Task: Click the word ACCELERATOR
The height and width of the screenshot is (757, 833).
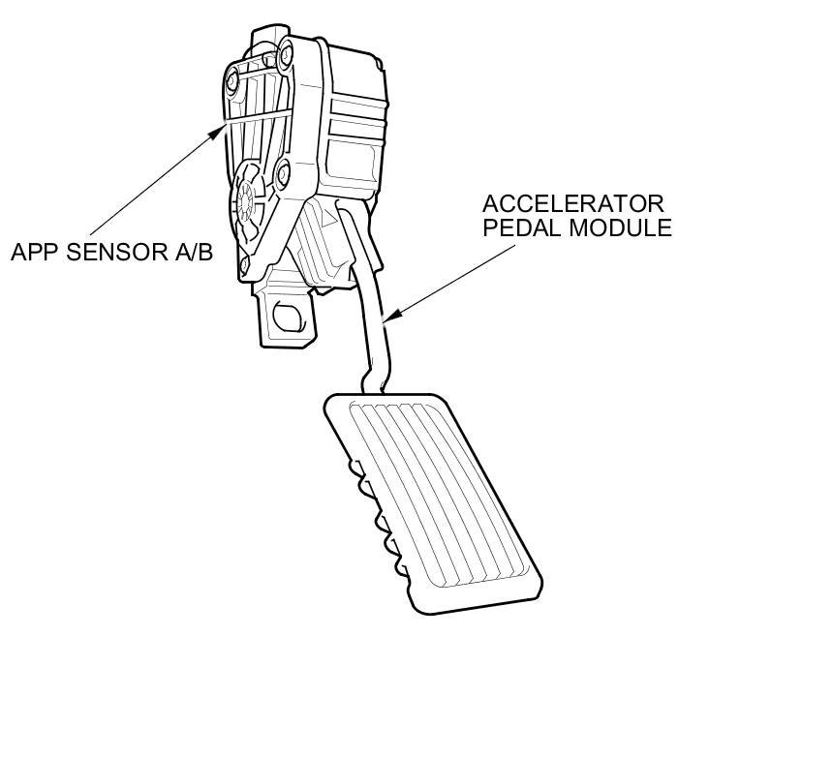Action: click(x=573, y=204)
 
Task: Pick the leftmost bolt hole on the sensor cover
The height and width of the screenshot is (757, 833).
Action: click(x=231, y=78)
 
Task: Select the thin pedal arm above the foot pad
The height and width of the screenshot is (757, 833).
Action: click(x=373, y=329)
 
